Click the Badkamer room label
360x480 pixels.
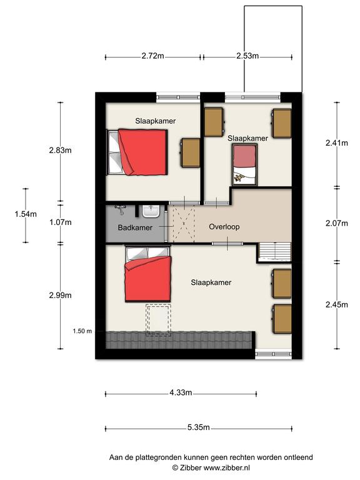[135, 227]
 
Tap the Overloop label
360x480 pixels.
[224, 227]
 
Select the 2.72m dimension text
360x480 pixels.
[152, 56]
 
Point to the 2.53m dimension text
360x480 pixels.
[247, 56]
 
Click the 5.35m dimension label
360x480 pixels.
[198, 427]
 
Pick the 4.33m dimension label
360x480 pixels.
[181, 392]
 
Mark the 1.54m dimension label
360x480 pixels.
[26, 214]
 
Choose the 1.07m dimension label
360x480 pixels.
[61, 222]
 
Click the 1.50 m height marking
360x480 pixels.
[82, 331]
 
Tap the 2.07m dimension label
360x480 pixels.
[337, 223]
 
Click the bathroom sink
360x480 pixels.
[151, 211]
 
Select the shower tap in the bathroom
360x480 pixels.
[120, 209]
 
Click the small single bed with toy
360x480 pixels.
[244, 165]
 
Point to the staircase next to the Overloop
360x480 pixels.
[274, 252]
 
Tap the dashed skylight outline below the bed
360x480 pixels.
[158, 319]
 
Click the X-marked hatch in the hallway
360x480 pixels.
[184, 224]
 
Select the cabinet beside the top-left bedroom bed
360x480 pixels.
[191, 152]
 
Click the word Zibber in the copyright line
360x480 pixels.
[191, 467]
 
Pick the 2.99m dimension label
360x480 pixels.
[61, 296]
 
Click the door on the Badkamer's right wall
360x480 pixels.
[166, 226]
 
